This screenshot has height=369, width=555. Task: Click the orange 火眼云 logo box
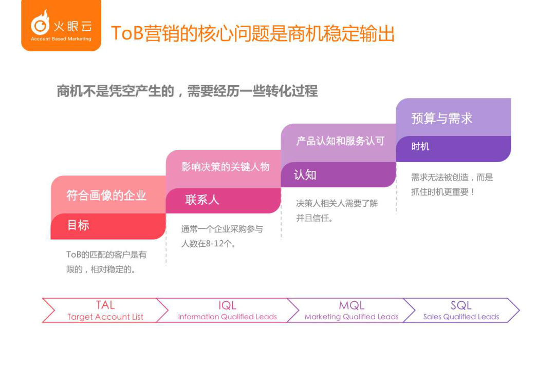click(x=61, y=25)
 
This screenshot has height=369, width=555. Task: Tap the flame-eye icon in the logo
click(x=40, y=23)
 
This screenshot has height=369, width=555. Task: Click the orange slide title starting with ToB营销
click(x=253, y=33)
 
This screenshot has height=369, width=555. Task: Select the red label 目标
click(x=78, y=225)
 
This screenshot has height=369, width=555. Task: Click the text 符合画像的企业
click(x=106, y=195)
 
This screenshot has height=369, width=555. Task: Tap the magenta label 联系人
click(x=202, y=200)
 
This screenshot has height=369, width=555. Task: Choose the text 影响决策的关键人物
click(x=226, y=166)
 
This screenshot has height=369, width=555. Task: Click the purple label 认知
click(x=305, y=174)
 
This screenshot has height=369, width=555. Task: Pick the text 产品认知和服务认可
click(x=341, y=141)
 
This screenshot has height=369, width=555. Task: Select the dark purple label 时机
click(x=420, y=146)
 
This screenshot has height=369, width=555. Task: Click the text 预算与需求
click(x=442, y=118)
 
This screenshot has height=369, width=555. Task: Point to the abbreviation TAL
click(x=105, y=305)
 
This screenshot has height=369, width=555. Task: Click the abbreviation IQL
click(x=227, y=305)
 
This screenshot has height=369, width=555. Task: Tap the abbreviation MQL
click(x=351, y=305)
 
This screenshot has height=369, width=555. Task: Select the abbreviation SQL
click(x=461, y=305)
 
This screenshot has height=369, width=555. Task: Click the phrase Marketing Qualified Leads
click(x=351, y=317)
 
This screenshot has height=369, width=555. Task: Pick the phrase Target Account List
click(x=105, y=317)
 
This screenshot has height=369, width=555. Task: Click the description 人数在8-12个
click(x=209, y=244)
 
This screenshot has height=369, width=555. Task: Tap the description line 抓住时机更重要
click(x=442, y=192)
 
